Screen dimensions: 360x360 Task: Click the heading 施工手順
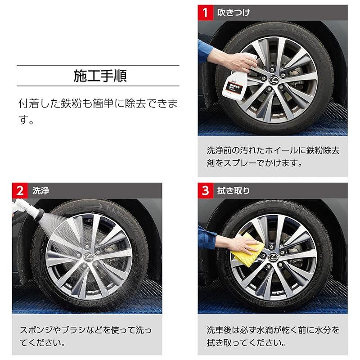click(x=100, y=75)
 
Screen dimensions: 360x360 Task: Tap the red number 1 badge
click(x=206, y=12)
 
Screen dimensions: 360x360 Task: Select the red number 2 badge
click(x=20, y=190)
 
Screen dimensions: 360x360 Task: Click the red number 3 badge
click(x=206, y=190)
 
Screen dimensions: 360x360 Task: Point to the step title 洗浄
click(x=41, y=191)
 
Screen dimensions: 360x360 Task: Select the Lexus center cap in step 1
click(x=273, y=80)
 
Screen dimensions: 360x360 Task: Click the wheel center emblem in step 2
click(x=88, y=256)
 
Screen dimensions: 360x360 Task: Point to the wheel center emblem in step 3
click(x=274, y=256)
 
